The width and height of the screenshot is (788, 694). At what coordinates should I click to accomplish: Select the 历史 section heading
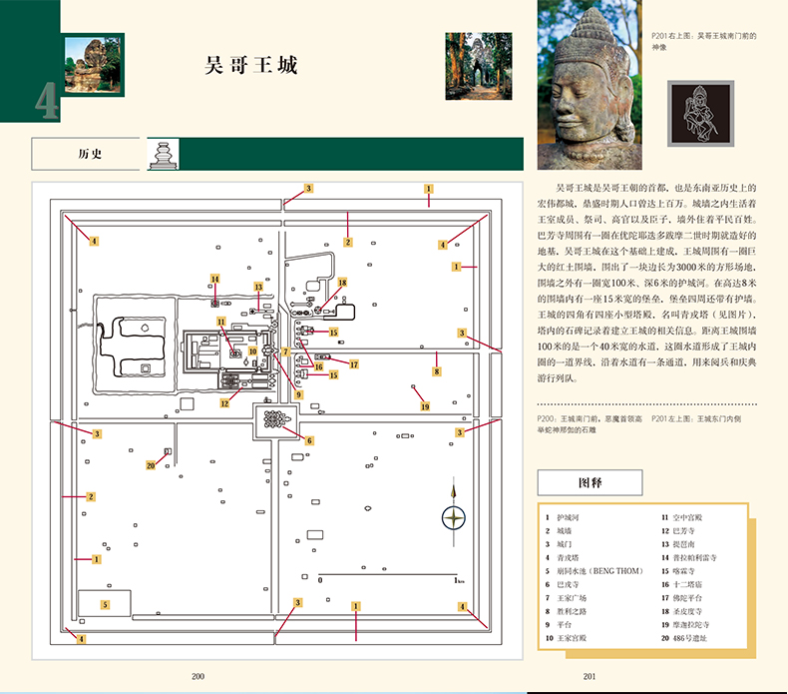point(90,155)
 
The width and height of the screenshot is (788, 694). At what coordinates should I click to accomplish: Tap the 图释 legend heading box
point(590,482)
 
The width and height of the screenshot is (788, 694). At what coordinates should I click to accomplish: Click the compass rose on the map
point(454,516)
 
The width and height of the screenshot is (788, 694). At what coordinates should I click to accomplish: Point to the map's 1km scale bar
point(387,577)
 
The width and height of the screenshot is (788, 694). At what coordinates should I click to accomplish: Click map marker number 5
point(103,605)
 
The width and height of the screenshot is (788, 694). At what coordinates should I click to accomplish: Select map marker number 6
point(309,440)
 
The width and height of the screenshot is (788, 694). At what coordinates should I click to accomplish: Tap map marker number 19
point(424,406)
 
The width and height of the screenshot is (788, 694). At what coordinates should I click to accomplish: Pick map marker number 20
point(150,464)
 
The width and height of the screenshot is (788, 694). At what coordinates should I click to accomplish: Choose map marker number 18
point(342,283)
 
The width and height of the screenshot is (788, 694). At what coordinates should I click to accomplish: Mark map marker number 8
point(436,371)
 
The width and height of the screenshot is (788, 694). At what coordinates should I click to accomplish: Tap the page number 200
point(197,676)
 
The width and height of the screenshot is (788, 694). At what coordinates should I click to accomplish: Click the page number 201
point(590,676)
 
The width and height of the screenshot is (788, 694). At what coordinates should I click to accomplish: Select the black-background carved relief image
point(695,109)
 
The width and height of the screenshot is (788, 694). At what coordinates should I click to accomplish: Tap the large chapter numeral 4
point(46,102)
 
